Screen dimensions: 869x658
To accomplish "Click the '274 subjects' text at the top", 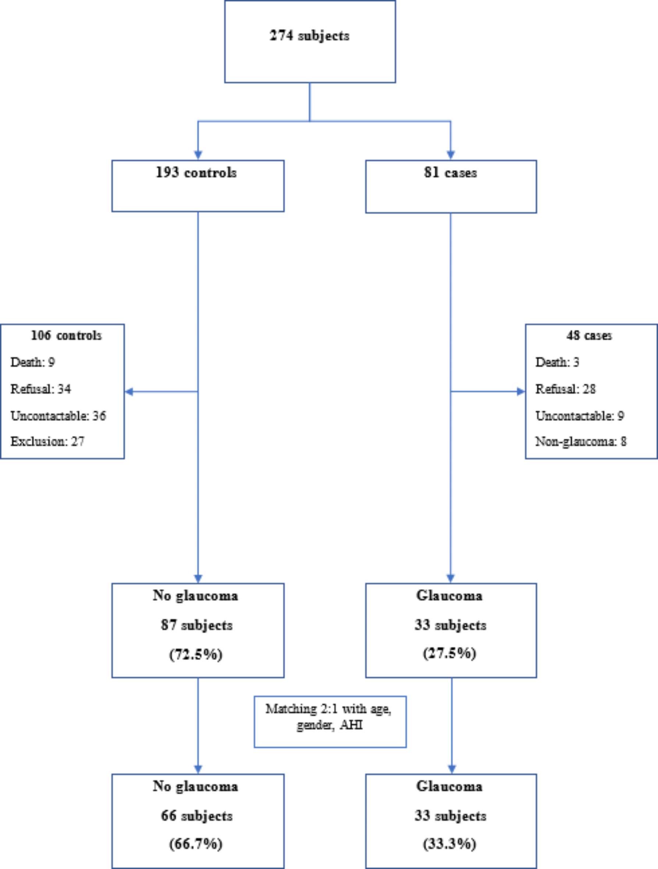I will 309,36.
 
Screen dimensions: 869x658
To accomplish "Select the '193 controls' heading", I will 196,172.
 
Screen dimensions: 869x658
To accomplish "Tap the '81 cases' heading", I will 450,172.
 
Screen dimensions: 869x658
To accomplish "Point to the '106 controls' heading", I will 66,335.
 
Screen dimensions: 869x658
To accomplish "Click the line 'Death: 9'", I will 33,362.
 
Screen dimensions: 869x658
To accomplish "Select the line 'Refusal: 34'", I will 40,389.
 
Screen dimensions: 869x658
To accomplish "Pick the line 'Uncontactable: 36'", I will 58,416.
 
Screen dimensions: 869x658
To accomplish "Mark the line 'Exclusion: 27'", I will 47,442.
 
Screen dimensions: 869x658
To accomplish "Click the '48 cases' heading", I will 589,335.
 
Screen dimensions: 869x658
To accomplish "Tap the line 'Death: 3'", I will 557,362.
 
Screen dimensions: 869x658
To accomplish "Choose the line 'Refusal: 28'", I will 565,389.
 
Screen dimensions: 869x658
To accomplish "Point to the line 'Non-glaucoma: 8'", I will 581,442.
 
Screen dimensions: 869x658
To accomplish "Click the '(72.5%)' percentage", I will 196,655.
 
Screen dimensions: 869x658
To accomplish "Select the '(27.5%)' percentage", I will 449,654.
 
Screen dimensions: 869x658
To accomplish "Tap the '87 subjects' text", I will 196,625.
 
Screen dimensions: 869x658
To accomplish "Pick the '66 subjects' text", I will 196,816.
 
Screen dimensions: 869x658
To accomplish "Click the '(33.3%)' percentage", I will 449,844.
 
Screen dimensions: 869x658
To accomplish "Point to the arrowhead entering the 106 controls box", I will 129,392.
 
